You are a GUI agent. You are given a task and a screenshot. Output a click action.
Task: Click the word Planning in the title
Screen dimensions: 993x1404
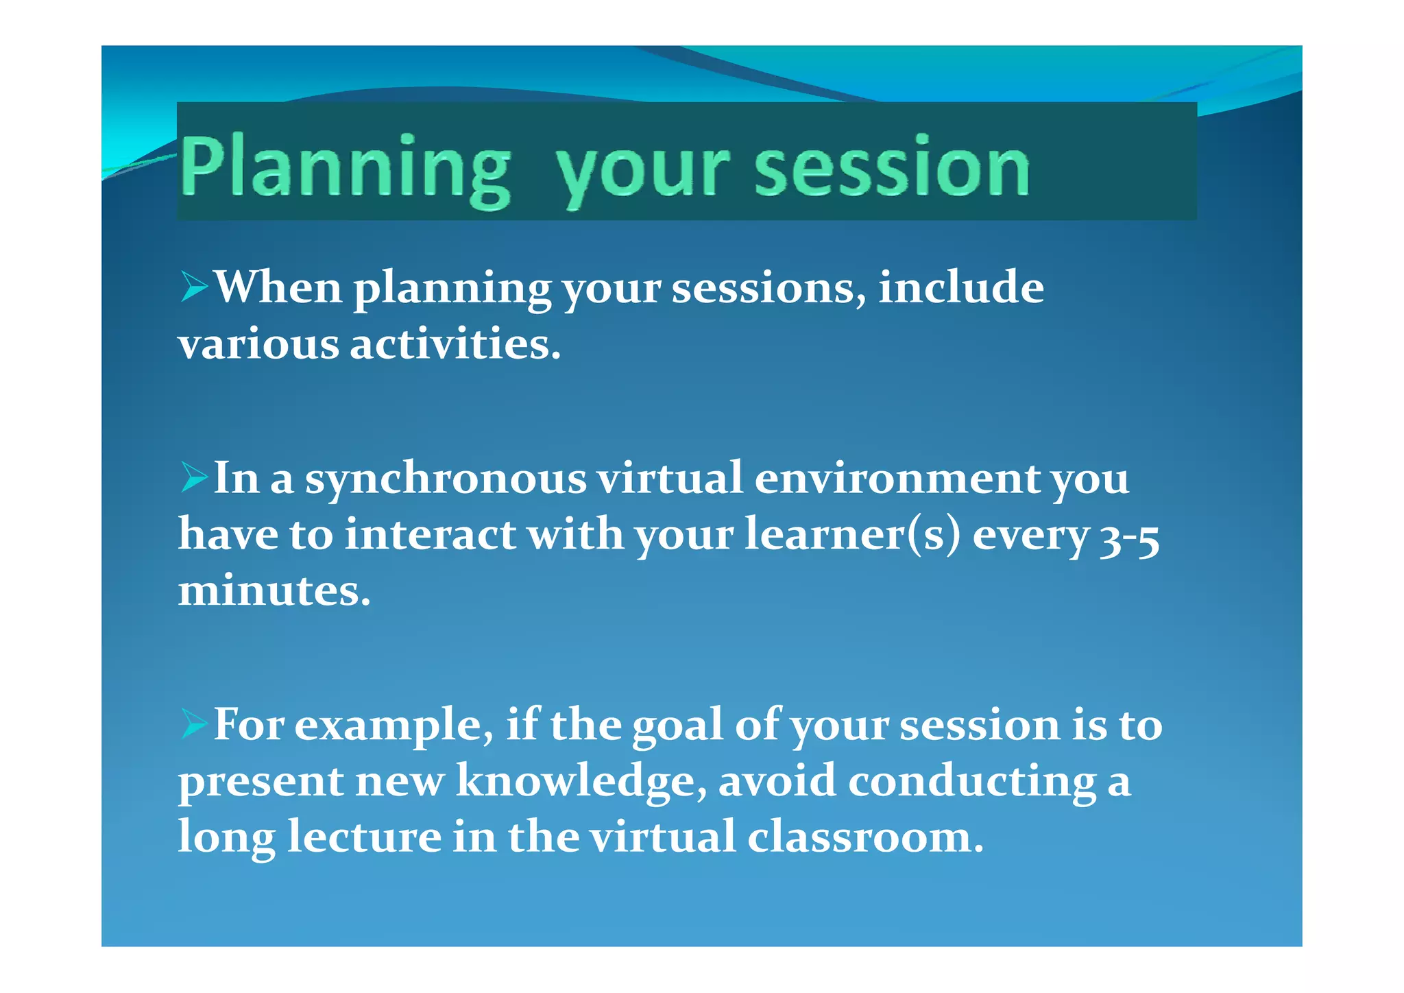pos(345,168)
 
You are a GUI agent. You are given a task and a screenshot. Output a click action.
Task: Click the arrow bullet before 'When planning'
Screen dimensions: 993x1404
pos(194,287)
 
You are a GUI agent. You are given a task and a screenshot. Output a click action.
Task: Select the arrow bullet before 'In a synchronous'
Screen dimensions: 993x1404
pos(194,477)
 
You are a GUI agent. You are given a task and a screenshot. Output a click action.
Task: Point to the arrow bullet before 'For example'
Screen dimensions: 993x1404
pos(194,724)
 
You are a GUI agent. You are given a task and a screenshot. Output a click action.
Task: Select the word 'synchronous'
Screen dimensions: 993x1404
pos(446,479)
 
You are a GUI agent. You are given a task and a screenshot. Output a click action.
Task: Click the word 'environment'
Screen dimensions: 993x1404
pos(897,477)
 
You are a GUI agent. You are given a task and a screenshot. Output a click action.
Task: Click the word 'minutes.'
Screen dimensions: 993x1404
pos(274,590)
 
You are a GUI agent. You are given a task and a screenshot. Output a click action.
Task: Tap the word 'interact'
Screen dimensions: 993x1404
pos(430,534)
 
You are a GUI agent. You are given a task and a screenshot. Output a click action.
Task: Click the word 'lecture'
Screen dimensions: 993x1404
pos(364,837)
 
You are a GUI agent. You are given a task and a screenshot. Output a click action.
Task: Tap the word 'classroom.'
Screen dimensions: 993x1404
pos(865,837)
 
